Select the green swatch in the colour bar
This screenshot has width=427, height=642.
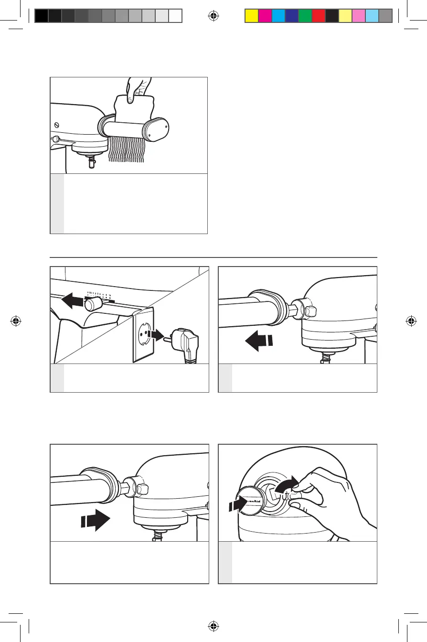click(305, 16)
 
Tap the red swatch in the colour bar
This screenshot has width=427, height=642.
click(318, 16)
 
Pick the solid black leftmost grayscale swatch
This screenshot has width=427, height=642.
click(42, 16)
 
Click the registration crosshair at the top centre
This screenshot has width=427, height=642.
click(213, 16)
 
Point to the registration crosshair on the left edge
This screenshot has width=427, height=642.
click(16, 321)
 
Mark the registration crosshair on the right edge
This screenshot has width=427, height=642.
click(411, 321)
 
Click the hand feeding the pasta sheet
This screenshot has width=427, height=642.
click(138, 91)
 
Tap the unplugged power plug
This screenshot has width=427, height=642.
click(184, 344)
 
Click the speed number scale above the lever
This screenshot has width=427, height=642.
click(99, 294)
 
